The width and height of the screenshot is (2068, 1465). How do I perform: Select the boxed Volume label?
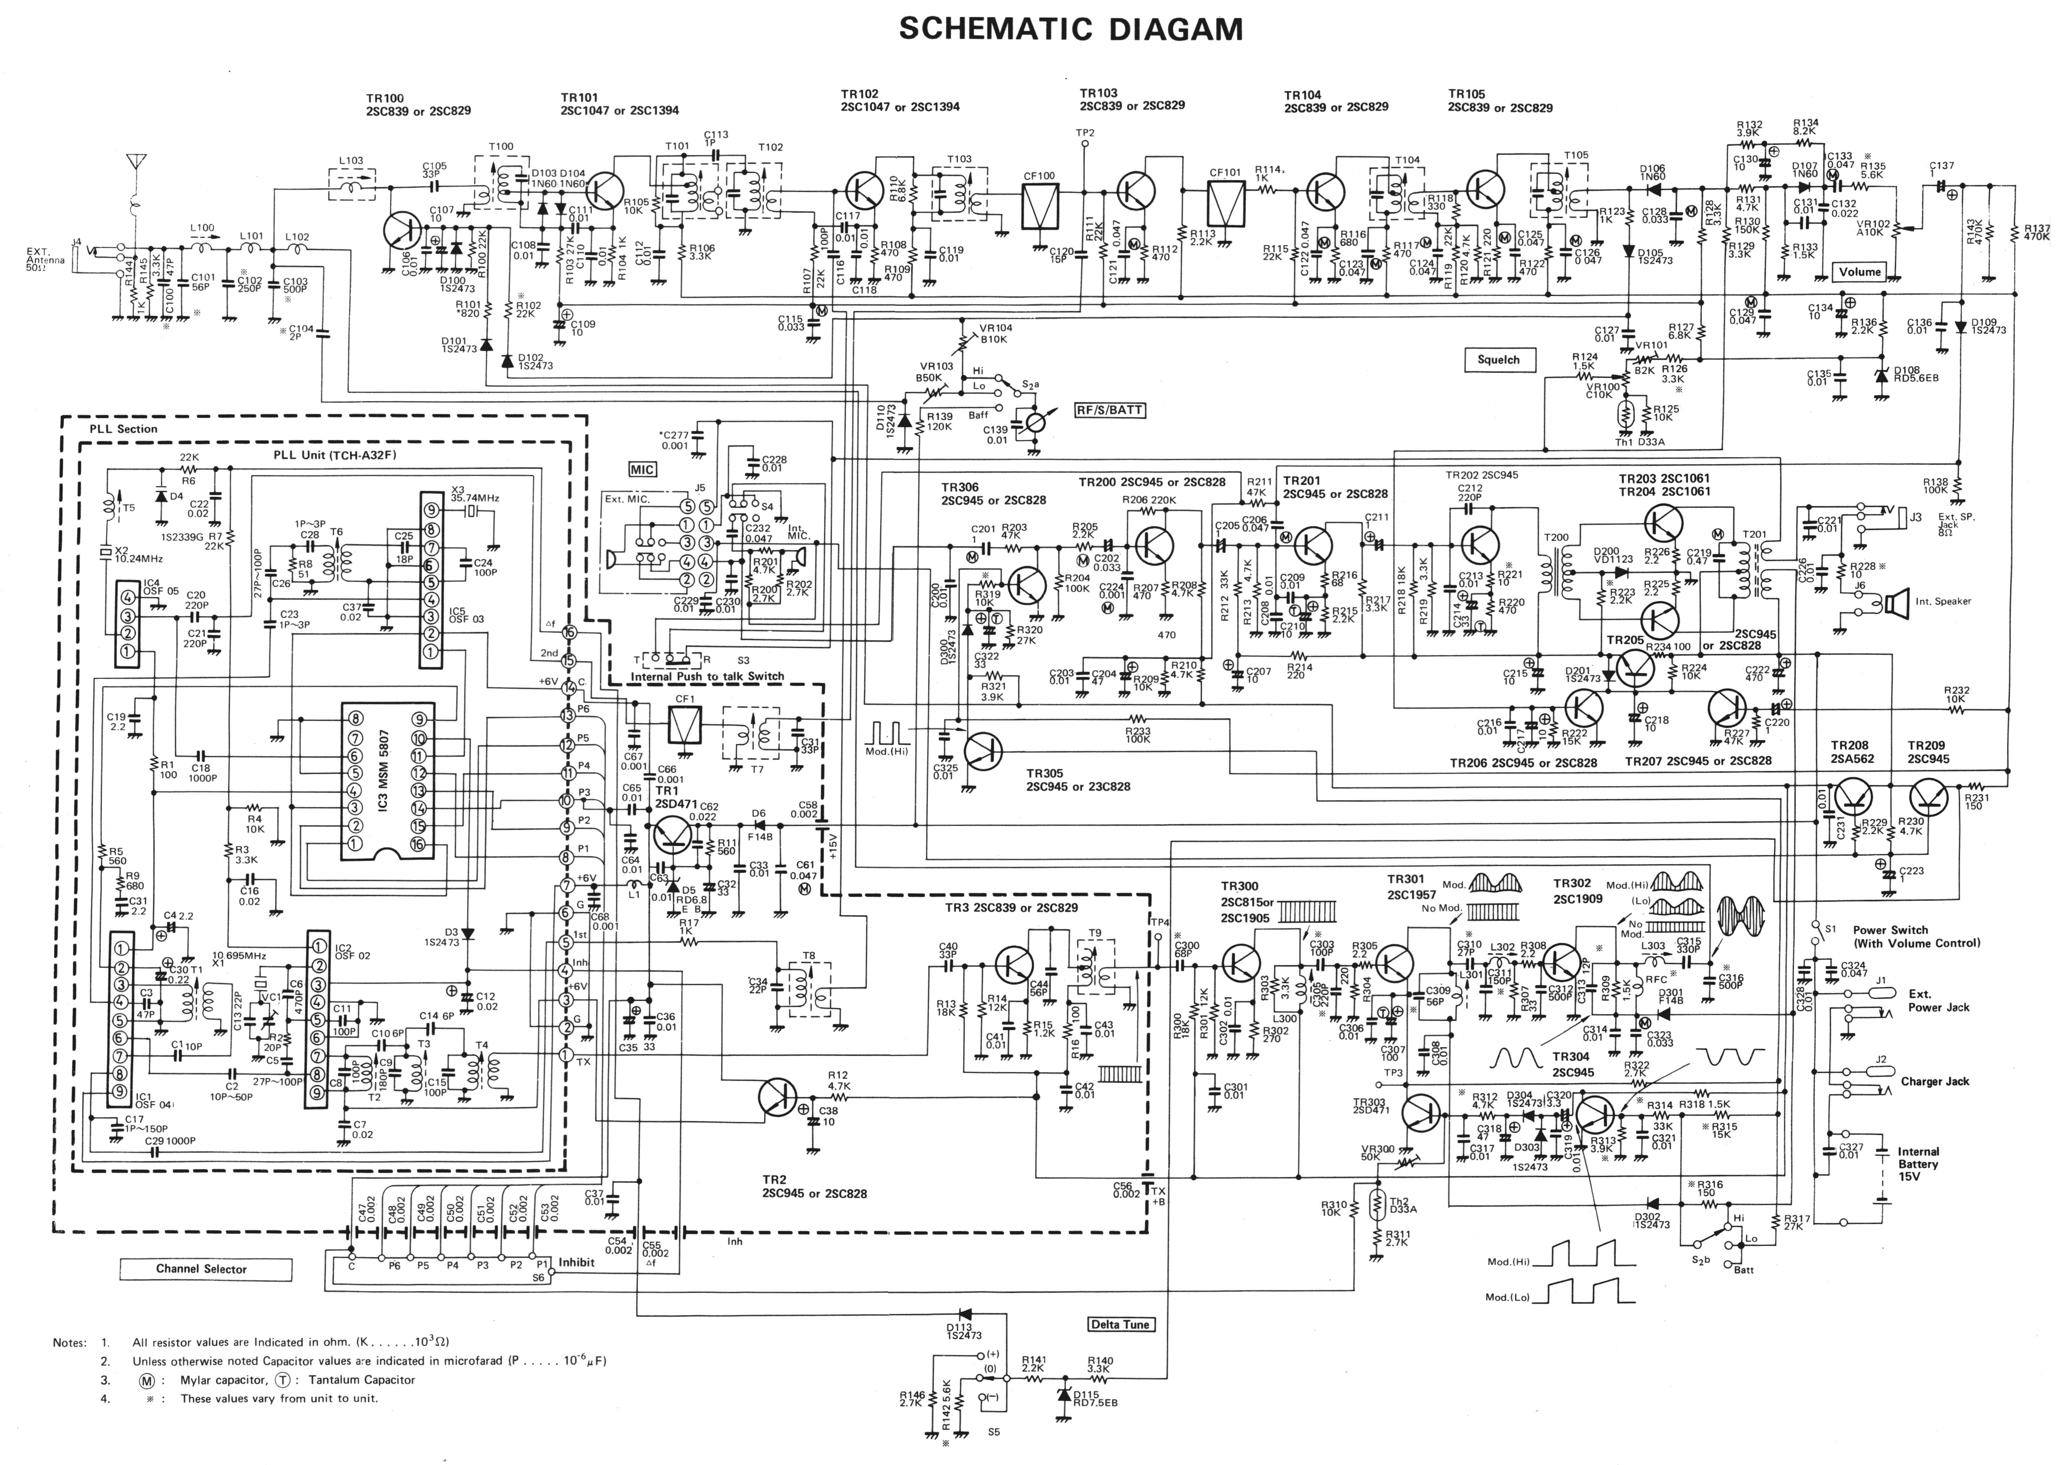(x=1860, y=272)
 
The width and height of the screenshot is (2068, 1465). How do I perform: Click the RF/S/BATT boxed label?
(x=1108, y=411)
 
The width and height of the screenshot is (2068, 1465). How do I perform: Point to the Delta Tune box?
(x=1119, y=1324)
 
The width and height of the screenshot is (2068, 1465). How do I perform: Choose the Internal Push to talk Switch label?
(x=707, y=676)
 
